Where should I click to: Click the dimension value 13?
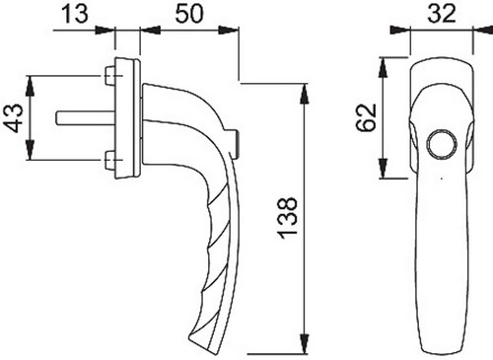coord(75,14)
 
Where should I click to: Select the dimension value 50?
coord(189,14)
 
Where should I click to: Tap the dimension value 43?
coord(14,117)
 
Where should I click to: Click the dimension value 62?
coord(366,117)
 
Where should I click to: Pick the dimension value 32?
coord(442,14)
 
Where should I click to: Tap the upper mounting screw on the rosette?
coord(109,76)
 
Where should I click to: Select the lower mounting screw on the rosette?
coord(109,161)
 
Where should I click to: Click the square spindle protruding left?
coord(86,118)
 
